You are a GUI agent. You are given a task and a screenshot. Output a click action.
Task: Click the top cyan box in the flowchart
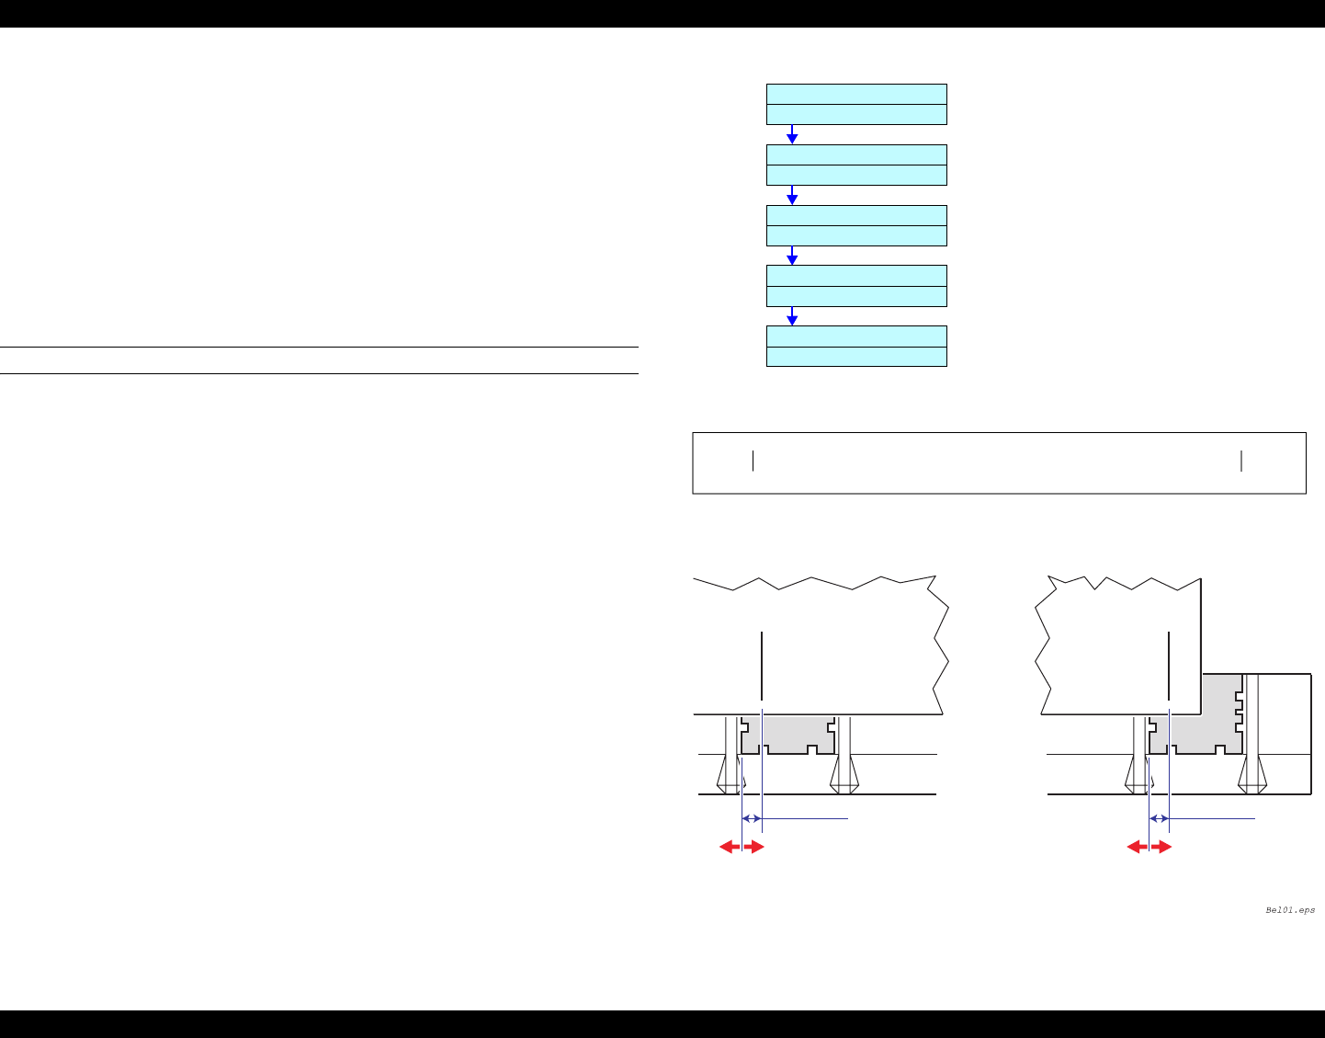pos(856,104)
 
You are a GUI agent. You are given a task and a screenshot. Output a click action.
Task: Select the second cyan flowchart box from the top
pos(856,165)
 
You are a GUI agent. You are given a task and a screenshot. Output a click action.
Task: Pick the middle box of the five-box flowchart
pos(856,225)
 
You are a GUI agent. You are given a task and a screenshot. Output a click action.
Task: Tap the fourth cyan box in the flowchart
pos(856,285)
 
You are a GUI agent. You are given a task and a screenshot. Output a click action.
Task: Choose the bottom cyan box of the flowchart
pos(856,346)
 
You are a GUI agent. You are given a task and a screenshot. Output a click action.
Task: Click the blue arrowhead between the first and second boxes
pos(792,138)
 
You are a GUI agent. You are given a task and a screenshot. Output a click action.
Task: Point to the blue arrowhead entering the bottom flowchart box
pos(792,319)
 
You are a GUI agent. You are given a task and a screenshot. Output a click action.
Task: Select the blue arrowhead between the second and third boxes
pos(792,199)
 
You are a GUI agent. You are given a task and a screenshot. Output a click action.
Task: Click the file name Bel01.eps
pos(1289,910)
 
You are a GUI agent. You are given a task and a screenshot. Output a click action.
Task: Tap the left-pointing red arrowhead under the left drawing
pos(726,847)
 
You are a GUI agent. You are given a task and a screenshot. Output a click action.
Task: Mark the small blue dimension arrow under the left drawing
pos(752,818)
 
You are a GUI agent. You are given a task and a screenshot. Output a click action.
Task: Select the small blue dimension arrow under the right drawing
pos(1160,818)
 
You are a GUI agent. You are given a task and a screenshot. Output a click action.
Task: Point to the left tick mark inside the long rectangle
pos(753,462)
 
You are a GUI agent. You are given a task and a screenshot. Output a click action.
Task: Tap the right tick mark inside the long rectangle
pos(1241,462)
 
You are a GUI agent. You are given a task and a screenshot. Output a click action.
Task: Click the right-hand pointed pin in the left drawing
pos(844,772)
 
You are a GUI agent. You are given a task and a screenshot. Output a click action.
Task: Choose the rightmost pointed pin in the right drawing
pos(1251,772)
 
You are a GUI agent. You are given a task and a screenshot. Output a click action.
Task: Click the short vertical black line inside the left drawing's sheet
pos(762,667)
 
